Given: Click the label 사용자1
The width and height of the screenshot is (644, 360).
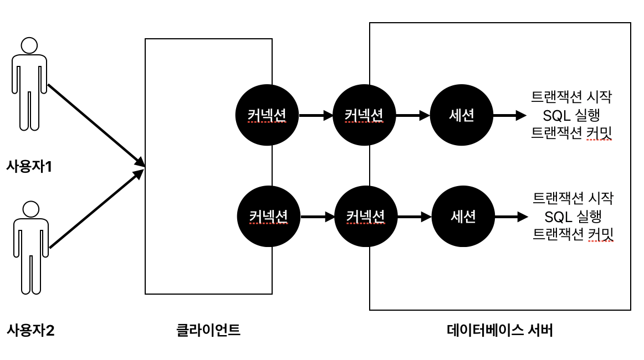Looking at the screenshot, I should (29, 166).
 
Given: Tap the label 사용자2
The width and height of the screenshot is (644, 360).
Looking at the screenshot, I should (30, 331).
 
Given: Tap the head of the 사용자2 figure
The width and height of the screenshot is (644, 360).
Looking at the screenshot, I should (30, 209).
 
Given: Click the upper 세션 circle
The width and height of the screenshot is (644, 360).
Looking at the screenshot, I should (462, 116).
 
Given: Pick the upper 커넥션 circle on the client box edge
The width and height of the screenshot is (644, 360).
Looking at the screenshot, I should (267, 116).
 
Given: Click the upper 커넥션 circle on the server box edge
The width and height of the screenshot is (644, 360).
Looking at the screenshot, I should (364, 116).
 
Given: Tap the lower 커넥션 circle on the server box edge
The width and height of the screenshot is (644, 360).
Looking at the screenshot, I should (366, 217).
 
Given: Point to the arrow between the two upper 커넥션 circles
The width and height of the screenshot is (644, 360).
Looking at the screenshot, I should (316, 116).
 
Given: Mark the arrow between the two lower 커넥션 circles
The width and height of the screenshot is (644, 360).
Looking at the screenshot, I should (317, 217).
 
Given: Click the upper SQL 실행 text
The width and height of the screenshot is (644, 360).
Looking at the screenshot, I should (572, 116).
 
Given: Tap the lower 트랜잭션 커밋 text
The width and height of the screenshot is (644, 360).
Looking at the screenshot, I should (573, 234).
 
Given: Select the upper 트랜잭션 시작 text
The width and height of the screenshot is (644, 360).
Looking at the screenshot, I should (571, 98).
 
